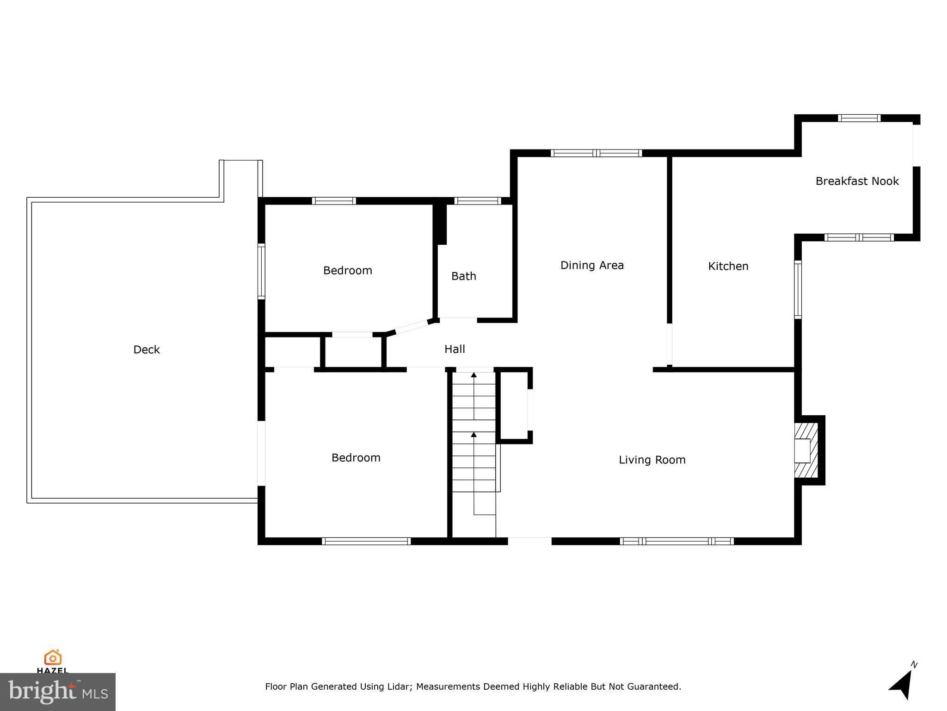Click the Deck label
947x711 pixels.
[x=146, y=349]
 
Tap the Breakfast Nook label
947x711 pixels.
[x=857, y=181]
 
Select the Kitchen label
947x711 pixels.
[x=728, y=266]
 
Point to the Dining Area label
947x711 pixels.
[x=592, y=265]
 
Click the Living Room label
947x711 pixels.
[x=652, y=460]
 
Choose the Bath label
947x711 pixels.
[x=463, y=276]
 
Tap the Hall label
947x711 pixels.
[x=455, y=349]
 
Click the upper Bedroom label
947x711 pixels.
[x=347, y=270]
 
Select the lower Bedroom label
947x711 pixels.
[x=356, y=458]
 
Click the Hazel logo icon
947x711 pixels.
[x=53, y=658]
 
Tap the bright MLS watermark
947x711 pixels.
[x=57, y=692]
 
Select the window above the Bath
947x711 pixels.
[x=477, y=201]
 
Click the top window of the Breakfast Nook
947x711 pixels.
[x=859, y=118]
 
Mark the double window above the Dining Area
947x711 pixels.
[x=596, y=153]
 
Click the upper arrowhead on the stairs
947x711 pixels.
[x=473, y=375]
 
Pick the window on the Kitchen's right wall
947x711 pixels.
[x=798, y=290]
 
